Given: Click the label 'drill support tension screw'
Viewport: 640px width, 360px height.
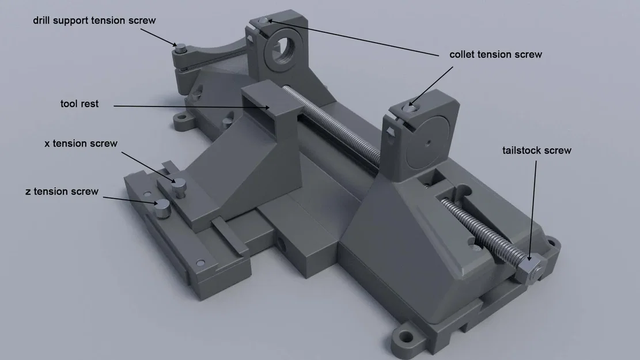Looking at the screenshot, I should coord(94,21).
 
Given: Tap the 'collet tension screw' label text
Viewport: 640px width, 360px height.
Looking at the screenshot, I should coord(495,55).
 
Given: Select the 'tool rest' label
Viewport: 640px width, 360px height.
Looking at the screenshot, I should coord(79,104).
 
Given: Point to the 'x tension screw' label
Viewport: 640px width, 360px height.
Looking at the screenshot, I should coord(81,143).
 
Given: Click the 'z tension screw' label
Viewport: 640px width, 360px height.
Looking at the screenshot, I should coord(62,191).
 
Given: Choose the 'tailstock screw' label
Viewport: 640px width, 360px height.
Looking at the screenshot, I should coord(536,150).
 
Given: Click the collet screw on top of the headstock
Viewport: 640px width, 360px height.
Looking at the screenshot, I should coord(263,22).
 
